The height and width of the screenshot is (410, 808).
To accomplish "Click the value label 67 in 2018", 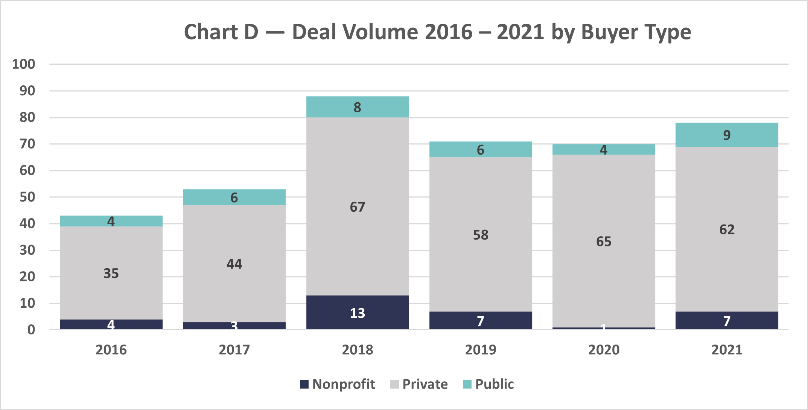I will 357,207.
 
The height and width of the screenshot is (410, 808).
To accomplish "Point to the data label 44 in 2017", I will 234,264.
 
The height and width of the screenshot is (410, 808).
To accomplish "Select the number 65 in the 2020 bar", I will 604,241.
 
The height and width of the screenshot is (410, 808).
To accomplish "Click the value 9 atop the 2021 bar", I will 727,135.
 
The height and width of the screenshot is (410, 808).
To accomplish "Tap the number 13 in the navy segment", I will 357,313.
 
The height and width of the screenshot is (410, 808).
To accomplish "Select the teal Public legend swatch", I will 467,384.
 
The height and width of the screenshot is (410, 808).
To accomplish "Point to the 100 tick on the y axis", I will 24,64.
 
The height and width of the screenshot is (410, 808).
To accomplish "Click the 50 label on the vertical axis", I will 27,197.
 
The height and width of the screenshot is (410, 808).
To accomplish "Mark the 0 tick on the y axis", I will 31,330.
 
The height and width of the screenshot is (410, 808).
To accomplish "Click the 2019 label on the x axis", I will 481,350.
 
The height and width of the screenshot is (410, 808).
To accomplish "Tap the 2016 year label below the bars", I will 111,350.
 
